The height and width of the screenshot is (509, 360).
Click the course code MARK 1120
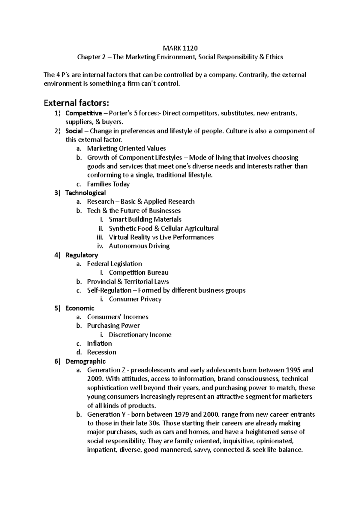click(x=180, y=48)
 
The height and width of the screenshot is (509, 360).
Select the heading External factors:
click(x=76, y=103)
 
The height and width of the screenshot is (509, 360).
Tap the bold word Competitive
click(x=83, y=113)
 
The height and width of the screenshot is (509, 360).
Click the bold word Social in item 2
click(x=74, y=131)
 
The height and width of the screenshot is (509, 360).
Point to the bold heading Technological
click(x=85, y=193)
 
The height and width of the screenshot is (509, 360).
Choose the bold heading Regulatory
click(x=82, y=255)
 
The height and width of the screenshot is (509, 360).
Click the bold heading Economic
click(x=80, y=308)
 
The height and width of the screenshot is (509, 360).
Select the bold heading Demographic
click(x=85, y=361)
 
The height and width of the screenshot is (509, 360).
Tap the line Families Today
click(x=108, y=184)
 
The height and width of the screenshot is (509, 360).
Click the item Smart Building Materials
click(x=145, y=219)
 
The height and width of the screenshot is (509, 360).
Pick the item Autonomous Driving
click(x=139, y=246)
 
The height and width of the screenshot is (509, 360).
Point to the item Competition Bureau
click(x=139, y=272)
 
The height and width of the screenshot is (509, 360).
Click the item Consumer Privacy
click(x=135, y=299)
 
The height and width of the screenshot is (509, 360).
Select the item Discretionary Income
click(x=140, y=335)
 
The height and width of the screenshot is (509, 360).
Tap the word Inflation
click(x=99, y=344)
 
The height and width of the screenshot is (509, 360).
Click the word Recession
click(x=101, y=352)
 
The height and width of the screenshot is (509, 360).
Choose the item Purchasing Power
click(x=113, y=326)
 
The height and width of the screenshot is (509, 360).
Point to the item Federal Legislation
click(x=114, y=264)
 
